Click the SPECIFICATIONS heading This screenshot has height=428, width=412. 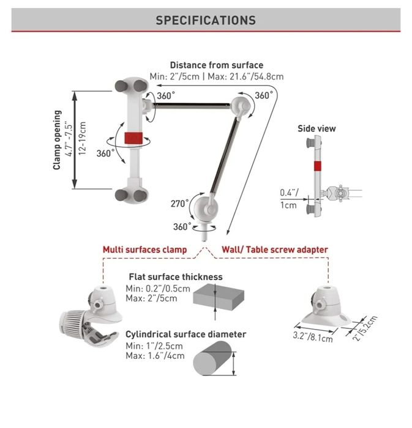point(206,20)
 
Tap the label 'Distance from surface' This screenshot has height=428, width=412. point(216,65)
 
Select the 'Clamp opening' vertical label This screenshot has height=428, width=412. point(58,139)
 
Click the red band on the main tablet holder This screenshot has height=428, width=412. point(133,139)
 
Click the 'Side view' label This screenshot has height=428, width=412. point(316,128)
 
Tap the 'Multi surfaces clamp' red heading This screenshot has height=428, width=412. point(144,249)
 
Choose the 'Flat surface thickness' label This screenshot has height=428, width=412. point(175,276)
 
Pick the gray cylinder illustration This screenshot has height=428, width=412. point(212,358)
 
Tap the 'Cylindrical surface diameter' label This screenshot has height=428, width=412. point(185,334)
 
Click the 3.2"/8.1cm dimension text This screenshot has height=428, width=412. point(312,335)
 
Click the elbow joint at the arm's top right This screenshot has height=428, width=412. point(245,106)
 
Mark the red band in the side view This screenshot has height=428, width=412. point(316,166)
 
